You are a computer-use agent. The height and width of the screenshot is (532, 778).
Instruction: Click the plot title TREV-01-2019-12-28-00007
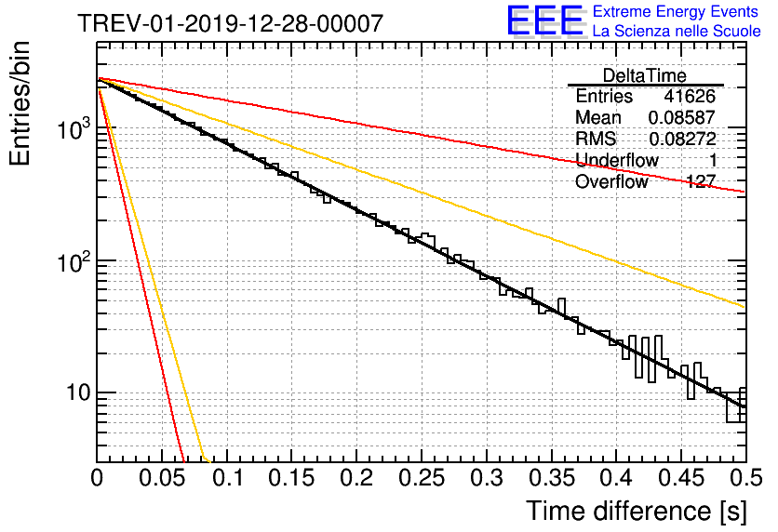pos(231,23)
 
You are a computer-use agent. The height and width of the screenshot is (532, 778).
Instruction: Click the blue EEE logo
pos(544,20)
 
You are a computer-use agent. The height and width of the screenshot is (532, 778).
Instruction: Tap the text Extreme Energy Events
pos(676,11)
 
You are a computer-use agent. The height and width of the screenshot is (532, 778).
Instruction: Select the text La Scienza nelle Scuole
pos(677,31)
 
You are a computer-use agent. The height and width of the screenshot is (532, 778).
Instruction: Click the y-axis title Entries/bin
pos(20,103)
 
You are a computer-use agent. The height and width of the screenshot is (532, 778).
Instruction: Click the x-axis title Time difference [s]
pos(637,512)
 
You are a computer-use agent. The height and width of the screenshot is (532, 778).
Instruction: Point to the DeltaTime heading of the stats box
pos(645,75)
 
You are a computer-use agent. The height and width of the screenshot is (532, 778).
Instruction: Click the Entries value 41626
pos(690,96)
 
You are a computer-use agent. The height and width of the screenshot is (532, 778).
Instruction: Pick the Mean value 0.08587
pos(682,117)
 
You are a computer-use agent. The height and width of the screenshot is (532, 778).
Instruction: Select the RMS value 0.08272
pos(682,139)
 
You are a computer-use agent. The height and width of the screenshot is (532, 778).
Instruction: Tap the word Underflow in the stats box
pos(617,160)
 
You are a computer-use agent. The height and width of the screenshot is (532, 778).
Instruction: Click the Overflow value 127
pos(701,181)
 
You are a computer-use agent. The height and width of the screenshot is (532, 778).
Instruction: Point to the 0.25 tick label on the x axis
pos(422,478)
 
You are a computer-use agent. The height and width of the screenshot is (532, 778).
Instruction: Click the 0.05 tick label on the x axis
pos(162,478)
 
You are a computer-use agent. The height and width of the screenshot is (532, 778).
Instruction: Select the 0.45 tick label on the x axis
pos(681,478)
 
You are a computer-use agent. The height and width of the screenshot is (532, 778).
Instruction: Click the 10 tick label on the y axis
pos(78,392)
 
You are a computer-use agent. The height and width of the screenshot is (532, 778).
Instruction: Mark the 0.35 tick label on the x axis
pos(552,478)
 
